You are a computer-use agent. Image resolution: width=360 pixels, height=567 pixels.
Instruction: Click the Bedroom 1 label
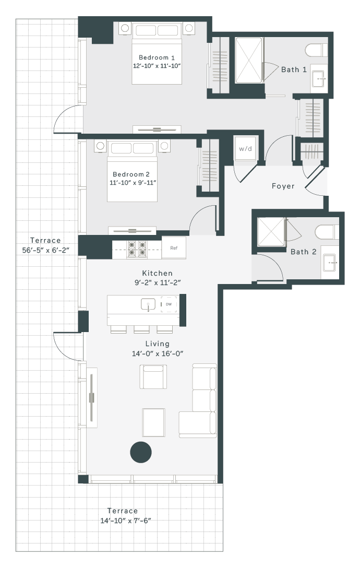click(x=157, y=57)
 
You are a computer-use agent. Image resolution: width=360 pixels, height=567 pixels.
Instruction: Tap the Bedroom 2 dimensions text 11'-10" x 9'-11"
click(x=133, y=183)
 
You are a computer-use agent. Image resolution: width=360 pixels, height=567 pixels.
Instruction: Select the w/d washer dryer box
click(x=245, y=149)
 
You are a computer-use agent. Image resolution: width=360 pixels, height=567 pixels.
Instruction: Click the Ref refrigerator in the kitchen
click(x=174, y=247)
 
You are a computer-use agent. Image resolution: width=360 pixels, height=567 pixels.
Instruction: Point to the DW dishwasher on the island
click(x=169, y=304)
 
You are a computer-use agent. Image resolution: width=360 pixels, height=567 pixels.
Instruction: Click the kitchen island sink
click(x=148, y=304)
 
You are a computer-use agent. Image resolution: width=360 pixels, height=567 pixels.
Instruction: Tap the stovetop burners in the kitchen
click(x=137, y=249)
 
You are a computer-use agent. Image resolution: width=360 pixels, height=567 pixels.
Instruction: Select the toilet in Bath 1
click(x=316, y=50)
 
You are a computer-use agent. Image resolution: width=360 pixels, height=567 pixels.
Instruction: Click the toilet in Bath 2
click(x=327, y=232)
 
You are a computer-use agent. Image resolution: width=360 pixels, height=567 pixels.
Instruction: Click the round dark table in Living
click(x=140, y=452)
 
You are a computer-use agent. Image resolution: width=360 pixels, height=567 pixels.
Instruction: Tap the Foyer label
click(x=283, y=186)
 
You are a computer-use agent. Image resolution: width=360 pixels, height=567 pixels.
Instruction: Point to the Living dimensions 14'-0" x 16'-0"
click(x=158, y=353)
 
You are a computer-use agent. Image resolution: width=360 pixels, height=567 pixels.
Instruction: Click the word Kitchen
click(x=157, y=273)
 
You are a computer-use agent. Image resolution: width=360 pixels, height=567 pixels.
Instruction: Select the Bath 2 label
click(x=303, y=252)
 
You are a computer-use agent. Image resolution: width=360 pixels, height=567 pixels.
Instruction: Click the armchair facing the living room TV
click(x=153, y=376)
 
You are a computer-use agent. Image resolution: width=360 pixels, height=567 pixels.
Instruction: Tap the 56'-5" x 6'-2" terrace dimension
click(x=45, y=250)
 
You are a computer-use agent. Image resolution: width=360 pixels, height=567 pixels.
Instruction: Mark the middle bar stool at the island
click(x=141, y=329)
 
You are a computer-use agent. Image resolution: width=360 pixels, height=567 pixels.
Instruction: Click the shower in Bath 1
click(x=249, y=61)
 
